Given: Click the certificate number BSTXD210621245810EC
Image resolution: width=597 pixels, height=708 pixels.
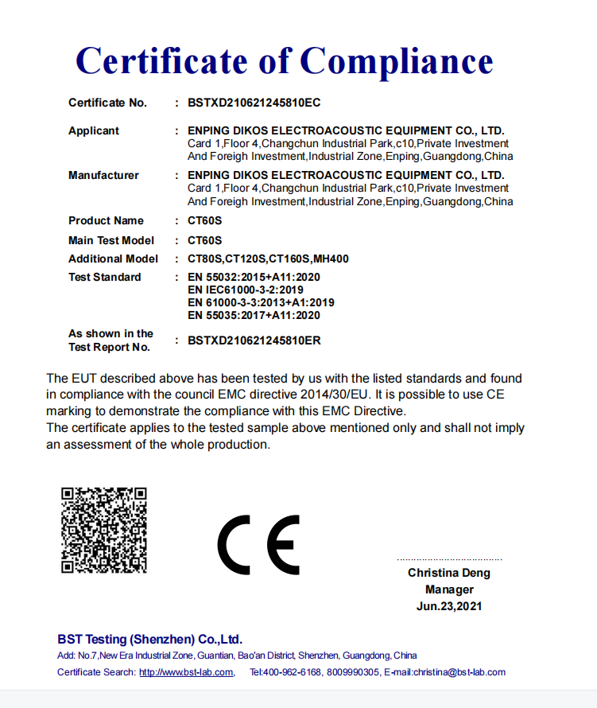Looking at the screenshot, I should (x=254, y=103).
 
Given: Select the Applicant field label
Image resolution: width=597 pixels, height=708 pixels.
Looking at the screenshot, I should (x=94, y=130).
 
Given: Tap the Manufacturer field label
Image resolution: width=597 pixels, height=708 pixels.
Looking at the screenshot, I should (x=103, y=175).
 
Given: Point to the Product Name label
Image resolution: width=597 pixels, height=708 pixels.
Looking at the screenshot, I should (x=106, y=220).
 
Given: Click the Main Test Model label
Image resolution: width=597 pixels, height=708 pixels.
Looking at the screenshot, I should (x=111, y=240).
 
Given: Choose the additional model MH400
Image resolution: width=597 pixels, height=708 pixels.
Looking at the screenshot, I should (x=331, y=259).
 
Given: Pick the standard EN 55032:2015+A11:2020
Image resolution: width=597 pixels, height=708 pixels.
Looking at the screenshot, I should (x=254, y=277).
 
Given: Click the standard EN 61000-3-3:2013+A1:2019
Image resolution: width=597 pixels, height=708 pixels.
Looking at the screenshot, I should (x=261, y=302).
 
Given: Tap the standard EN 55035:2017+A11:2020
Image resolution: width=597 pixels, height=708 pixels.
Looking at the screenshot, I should (x=254, y=315).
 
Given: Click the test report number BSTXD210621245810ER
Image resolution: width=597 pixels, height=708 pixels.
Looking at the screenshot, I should (x=254, y=340).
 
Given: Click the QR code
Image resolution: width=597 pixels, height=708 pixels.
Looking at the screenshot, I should (x=104, y=529).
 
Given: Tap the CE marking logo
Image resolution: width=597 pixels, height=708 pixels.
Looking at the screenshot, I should (x=258, y=545).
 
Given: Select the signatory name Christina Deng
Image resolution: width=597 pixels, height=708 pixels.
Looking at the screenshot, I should (x=449, y=573).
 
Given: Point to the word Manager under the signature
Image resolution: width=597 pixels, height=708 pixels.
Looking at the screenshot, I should (x=449, y=589).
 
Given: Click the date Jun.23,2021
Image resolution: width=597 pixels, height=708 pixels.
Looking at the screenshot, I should (x=449, y=606).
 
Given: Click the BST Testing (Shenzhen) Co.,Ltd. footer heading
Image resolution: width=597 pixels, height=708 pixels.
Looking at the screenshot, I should (x=149, y=640).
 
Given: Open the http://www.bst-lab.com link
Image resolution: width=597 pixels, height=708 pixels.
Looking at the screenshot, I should (x=186, y=672).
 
